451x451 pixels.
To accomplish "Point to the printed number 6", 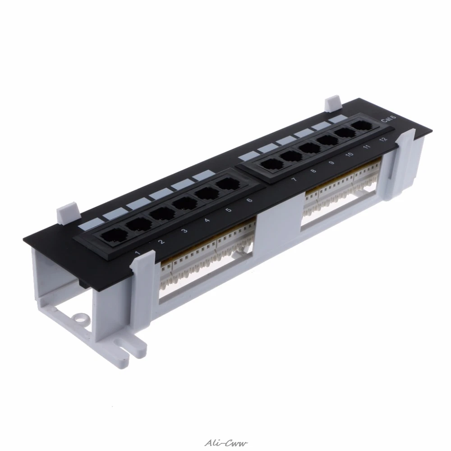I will (x=249, y=200).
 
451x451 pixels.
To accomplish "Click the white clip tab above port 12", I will (x=333, y=102).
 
